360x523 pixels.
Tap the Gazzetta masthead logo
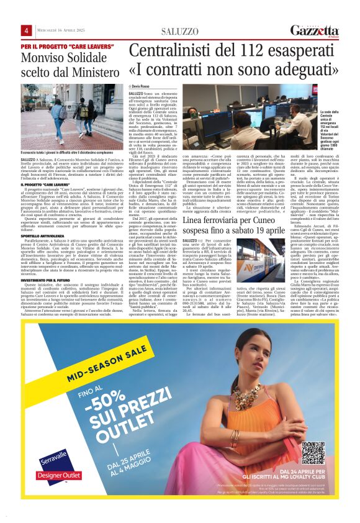[316, 30]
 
